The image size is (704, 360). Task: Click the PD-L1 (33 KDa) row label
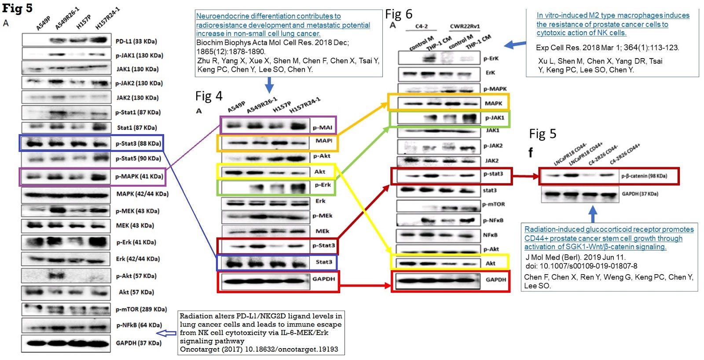136,41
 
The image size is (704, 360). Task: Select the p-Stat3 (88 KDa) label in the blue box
138,143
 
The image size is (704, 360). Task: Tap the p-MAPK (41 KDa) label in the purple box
139,176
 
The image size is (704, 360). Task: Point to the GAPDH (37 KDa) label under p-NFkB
139,343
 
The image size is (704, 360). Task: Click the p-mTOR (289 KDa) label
141,309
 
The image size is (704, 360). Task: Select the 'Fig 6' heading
399,15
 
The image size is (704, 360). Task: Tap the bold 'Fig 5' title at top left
17,8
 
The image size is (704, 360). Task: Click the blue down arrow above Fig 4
269,85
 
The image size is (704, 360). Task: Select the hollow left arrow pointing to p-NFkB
166,333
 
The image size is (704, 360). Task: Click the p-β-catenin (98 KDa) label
644,176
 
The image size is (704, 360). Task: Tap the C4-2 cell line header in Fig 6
422,26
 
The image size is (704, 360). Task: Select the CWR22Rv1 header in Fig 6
465,26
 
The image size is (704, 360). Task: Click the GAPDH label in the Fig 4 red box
323,279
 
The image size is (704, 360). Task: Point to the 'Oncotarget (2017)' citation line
259,349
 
